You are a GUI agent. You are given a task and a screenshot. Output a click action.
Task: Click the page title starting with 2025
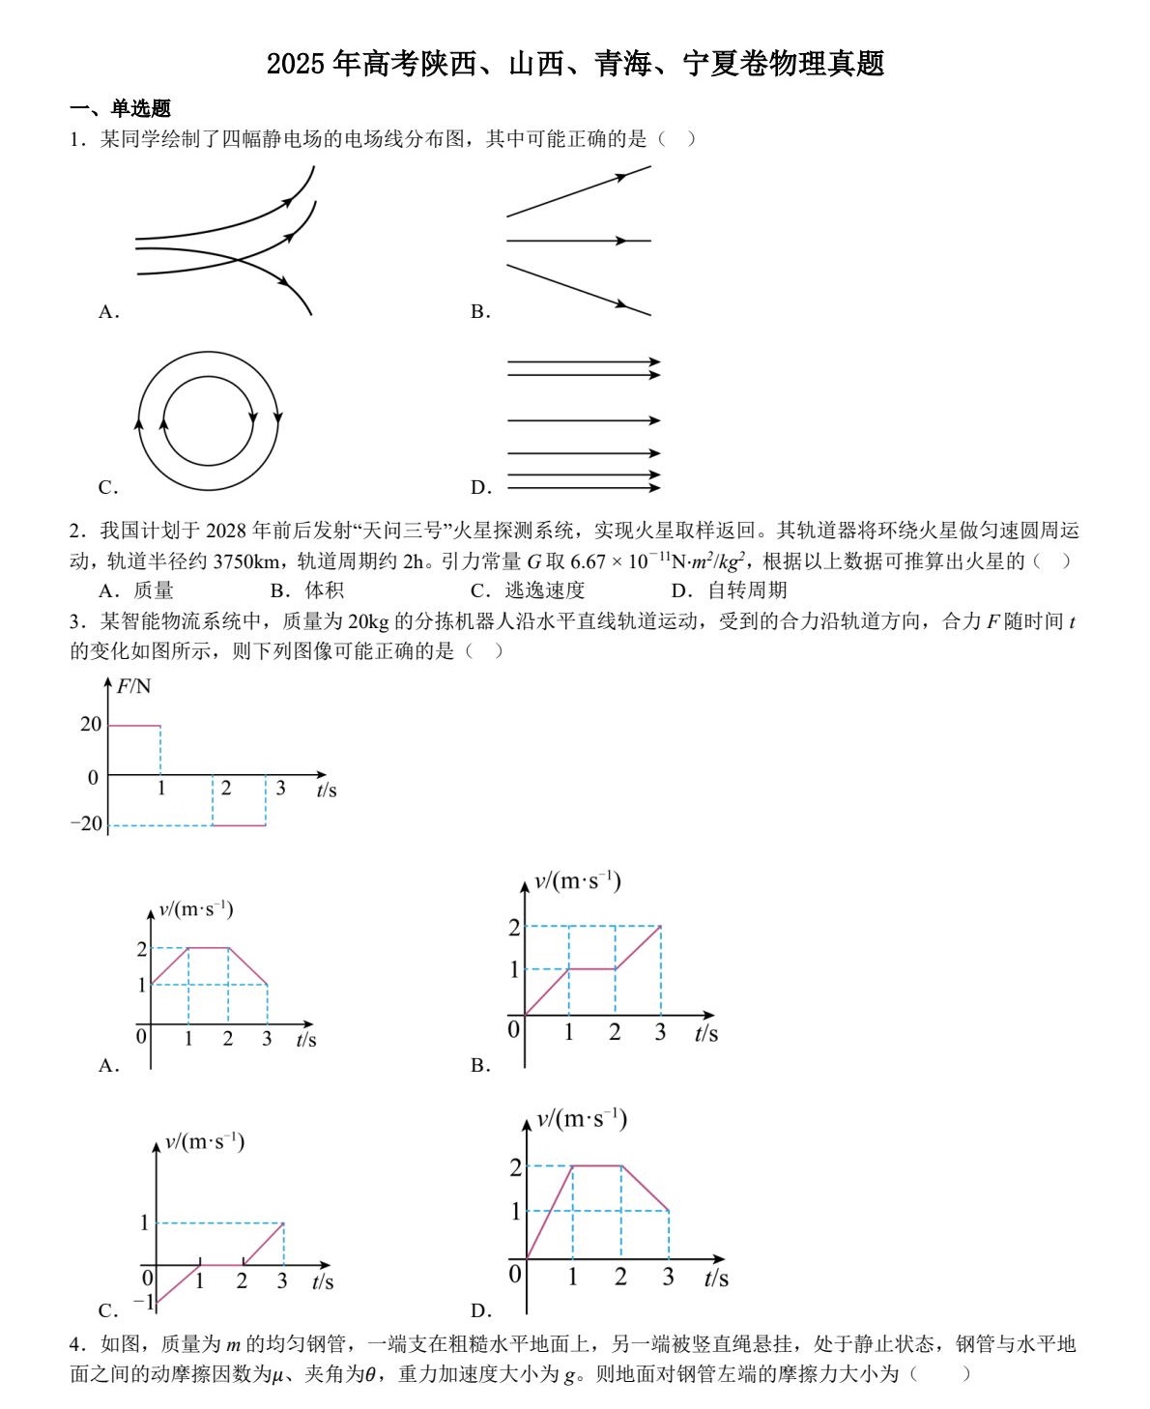pyautogui.click(x=575, y=64)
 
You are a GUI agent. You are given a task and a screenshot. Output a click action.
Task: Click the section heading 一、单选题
pyautogui.click(x=120, y=108)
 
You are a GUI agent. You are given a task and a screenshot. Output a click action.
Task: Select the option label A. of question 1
pyautogui.click(x=108, y=311)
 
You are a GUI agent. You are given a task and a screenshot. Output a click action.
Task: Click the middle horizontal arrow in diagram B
pyautogui.click(x=580, y=241)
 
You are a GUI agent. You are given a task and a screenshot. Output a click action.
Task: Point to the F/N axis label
pyautogui.click(x=133, y=686)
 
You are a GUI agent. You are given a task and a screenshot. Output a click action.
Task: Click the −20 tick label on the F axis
pyautogui.click(x=86, y=824)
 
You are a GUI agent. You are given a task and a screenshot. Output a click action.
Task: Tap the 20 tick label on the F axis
pyautogui.click(x=91, y=724)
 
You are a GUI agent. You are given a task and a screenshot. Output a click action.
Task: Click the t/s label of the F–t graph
pyautogui.click(x=327, y=791)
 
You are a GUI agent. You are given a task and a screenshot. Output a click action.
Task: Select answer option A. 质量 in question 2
pyautogui.click(x=136, y=589)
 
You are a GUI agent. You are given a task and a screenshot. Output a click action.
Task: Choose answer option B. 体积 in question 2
pyautogui.click(x=306, y=589)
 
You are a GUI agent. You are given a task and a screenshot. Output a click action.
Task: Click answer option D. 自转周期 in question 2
pyautogui.click(x=729, y=589)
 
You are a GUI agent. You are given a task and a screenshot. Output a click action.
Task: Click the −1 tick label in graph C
pyautogui.click(x=143, y=1301)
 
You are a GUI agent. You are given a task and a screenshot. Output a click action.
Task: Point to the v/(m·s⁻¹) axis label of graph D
pyautogui.click(x=582, y=1119)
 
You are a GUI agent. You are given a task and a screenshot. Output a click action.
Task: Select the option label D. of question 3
pyautogui.click(x=481, y=1310)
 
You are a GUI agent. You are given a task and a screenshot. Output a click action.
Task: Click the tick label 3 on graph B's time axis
pyautogui.click(x=660, y=1033)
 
